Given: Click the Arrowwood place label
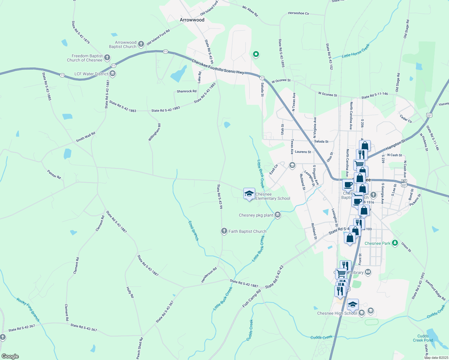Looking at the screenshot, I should [192, 20].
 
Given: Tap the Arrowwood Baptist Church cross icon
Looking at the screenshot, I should [141, 44].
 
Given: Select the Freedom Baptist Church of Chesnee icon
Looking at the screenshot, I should [107, 58].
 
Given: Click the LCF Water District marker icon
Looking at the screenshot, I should [113, 73].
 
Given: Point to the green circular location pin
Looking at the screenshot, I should [256, 54].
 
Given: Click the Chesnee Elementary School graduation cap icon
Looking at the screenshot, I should [249, 194].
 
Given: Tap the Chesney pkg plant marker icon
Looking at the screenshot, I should [278, 215].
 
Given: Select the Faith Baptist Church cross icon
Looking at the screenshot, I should [224, 231].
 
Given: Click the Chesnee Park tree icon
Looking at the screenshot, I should [395, 243].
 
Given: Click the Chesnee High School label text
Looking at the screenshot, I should [337, 313].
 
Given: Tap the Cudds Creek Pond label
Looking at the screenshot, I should [423, 338].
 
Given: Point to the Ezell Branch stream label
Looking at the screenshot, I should [193, 231].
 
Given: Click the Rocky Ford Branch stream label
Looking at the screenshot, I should [28, 310].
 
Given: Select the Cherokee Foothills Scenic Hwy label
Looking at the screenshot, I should [218, 66].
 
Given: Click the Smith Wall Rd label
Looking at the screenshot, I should [86, 137].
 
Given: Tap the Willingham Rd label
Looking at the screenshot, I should [155, 132].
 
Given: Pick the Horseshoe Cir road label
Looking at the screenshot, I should [298, 13].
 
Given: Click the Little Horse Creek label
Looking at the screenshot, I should [356, 51].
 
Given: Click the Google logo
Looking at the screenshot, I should [10, 356].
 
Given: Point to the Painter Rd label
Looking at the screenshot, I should [54, 175].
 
